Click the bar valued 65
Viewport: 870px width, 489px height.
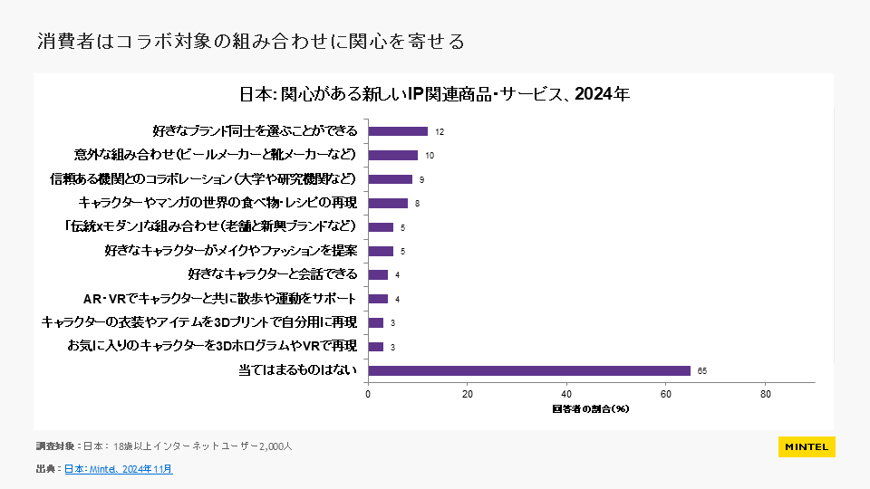click(x=529, y=370)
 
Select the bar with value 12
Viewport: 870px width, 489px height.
click(x=398, y=131)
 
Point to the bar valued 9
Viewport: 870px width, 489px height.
click(x=390, y=179)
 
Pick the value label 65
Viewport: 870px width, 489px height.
click(x=702, y=370)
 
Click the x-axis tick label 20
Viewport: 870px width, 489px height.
click(x=468, y=394)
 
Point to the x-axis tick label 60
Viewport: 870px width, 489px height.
click(x=666, y=394)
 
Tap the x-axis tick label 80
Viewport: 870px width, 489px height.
click(x=766, y=394)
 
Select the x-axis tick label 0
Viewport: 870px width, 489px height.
click(x=368, y=394)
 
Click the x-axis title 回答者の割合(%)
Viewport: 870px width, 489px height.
click(x=590, y=409)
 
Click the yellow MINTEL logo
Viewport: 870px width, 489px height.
click(x=807, y=447)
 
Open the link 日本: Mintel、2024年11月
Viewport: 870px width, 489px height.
click(x=118, y=469)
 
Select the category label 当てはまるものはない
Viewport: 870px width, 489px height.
click(x=298, y=370)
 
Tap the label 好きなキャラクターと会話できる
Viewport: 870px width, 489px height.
click(x=272, y=274)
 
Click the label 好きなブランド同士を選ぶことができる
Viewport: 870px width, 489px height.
click(x=255, y=131)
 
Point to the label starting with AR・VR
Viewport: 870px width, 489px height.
click(x=220, y=299)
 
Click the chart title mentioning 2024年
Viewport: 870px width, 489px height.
click(x=433, y=94)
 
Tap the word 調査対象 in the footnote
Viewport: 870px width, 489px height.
click(x=55, y=446)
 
